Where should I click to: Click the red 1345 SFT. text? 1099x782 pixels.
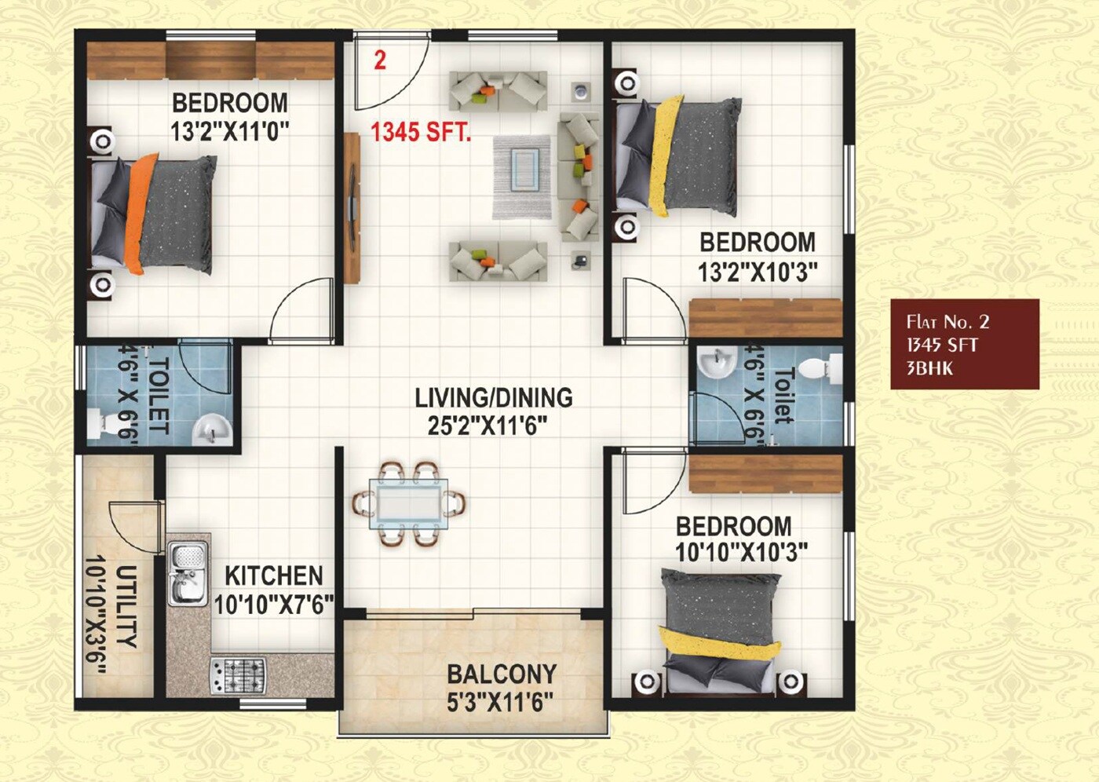421,131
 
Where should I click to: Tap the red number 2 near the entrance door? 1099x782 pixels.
380,60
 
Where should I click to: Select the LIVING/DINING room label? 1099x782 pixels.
493,398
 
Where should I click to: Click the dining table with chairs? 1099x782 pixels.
409,503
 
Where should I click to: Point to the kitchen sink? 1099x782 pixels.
188,574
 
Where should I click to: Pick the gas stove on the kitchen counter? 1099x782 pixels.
237,674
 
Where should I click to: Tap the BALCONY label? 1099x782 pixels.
502,674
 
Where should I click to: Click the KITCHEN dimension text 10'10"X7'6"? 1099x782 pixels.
274,605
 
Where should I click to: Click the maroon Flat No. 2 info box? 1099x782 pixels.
964,344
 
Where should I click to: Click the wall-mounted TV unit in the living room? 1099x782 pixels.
351,207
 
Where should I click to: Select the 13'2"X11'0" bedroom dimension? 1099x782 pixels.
230,130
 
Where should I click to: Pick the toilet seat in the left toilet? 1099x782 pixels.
103,423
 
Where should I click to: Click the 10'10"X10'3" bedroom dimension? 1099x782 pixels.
741,553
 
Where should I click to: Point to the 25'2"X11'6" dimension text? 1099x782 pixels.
487,426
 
